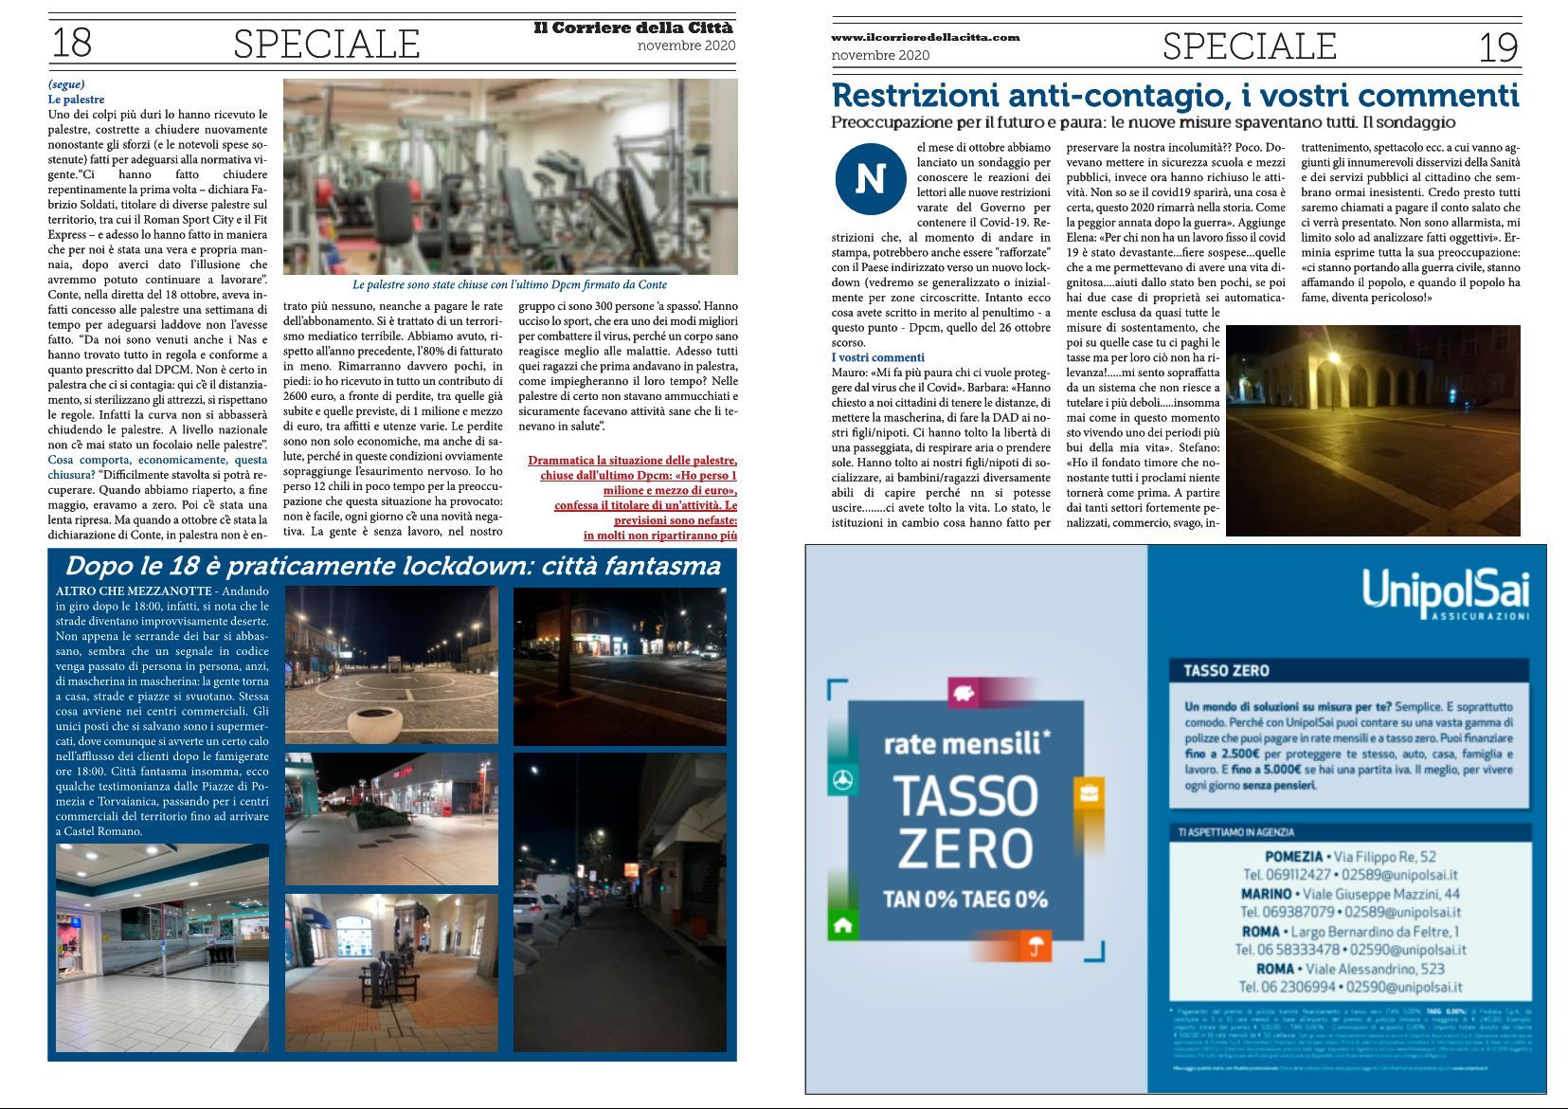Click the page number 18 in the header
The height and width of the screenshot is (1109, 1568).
[71, 43]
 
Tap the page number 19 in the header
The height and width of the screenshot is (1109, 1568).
[1498, 46]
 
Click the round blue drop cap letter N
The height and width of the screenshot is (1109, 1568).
[870, 179]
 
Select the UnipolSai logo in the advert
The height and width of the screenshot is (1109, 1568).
[1445, 593]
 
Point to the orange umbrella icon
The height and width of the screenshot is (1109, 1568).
[1036, 945]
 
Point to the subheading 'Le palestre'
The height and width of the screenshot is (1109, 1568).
[76, 100]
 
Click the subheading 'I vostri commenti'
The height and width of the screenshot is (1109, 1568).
[877, 357]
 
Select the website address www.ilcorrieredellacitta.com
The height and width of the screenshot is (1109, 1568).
[925, 37]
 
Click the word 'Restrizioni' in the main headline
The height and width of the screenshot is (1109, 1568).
[914, 96]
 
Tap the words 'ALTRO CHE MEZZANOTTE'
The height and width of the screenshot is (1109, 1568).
[134, 591]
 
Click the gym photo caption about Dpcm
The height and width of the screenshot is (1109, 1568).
[510, 284]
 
